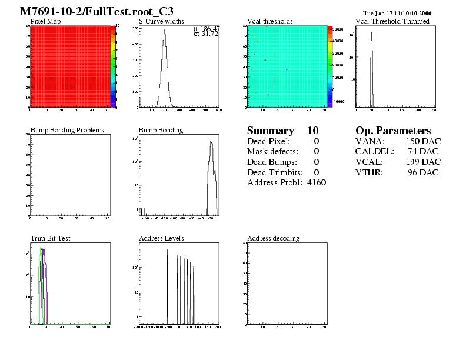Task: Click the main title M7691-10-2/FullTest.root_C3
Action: pos(97,11)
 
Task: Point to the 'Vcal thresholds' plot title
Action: pos(269,21)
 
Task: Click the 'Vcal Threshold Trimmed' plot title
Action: pos(392,21)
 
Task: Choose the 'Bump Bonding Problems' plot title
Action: pos(67,130)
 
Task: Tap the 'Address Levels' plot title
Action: pos(161,238)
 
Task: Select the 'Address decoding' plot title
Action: pos(273,238)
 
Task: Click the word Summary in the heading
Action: pos(270,131)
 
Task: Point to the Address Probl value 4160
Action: pos(317,183)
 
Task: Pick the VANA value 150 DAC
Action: pos(422,141)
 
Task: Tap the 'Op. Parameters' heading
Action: pos(393,131)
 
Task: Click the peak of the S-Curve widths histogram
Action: pos(164,31)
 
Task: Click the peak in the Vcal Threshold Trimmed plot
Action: pos(372,33)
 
